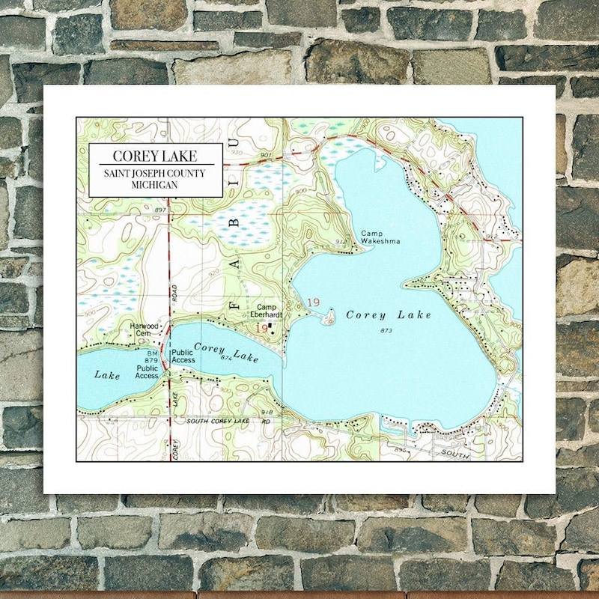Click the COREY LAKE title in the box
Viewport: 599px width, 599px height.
click(155, 156)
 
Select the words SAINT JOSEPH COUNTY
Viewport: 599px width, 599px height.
click(155, 174)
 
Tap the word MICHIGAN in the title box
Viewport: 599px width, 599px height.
click(155, 184)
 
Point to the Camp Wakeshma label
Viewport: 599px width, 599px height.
click(380, 237)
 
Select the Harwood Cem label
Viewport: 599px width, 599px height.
click(145, 329)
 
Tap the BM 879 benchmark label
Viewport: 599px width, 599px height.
click(152, 356)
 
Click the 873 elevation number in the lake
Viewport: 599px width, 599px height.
click(386, 330)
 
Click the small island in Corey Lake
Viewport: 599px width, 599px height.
click(329, 320)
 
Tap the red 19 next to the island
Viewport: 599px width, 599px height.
click(313, 302)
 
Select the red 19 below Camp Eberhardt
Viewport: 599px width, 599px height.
click(261, 328)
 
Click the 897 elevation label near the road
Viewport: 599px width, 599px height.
click(159, 211)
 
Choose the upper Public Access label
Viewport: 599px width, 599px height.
click(183, 356)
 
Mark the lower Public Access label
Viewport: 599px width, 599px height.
click(148, 372)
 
